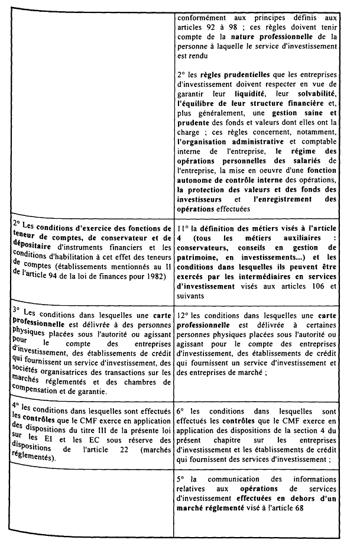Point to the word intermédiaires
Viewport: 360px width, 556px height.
pos(264,276)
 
